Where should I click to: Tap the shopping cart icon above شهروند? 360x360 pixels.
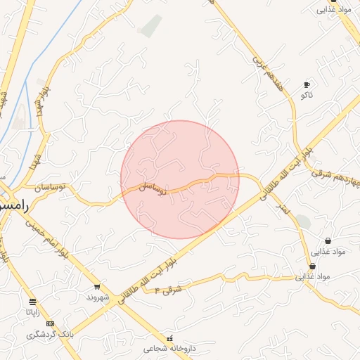[x=97, y=287]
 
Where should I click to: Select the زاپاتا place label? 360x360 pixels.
[x=33, y=311]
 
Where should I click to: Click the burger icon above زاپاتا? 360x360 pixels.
[x=33, y=302]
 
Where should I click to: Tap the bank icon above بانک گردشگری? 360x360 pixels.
[x=49, y=323]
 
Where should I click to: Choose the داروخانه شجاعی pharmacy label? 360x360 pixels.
[x=168, y=348]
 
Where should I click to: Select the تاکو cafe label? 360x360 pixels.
[x=307, y=94]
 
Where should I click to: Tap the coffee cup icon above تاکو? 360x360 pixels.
[x=307, y=84]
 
